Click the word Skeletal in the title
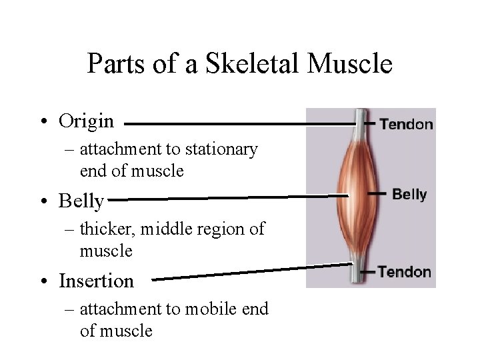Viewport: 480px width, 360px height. pos(235,64)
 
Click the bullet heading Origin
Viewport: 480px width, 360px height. pos(86,121)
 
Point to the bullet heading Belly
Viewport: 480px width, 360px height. pos(81,201)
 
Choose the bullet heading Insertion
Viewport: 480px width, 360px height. pos(96,281)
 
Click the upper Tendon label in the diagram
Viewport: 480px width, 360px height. pos(406,124)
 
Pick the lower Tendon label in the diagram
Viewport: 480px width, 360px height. pos(405,272)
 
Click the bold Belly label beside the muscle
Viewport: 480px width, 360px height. pos(409,195)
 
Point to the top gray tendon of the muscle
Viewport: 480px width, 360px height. pos(361,120)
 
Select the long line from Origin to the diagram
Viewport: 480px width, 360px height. pos(240,124)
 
